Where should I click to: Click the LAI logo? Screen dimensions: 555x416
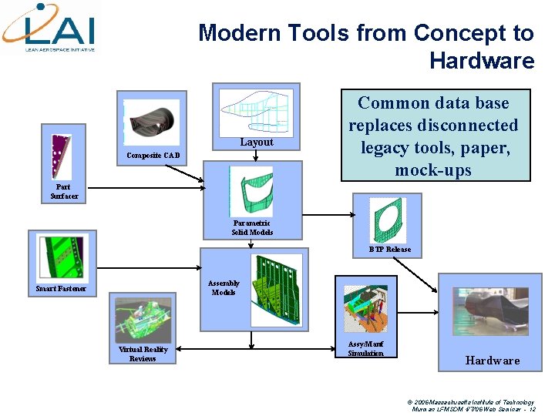pyautogui.click(x=49, y=27)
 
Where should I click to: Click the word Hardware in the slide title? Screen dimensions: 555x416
pyautogui.click(x=482, y=60)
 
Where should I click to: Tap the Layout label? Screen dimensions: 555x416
pyautogui.click(x=256, y=142)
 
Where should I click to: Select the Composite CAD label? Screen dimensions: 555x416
pyautogui.click(x=154, y=156)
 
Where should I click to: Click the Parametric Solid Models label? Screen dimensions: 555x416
pyautogui.click(x=252, y=227)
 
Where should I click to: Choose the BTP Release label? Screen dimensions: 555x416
pyautogui.click(x=389, y=249)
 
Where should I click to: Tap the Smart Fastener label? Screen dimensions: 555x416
pyautogui.click(x=61, y=289)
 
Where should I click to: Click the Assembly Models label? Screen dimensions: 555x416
pyautogui.click(x=224, y=287)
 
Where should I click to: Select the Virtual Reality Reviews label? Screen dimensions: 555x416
pyautogui.click(x=143, y=354)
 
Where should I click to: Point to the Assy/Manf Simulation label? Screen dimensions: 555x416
pyautogui.click(x=365, y=348)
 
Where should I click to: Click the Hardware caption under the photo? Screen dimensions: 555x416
pyautogui.click(x=492, y=361)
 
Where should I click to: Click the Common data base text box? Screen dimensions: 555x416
pyautogui.click(x=433, y=136)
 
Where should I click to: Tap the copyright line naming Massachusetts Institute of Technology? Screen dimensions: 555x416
pyautogui.click(x=472, y=402)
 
